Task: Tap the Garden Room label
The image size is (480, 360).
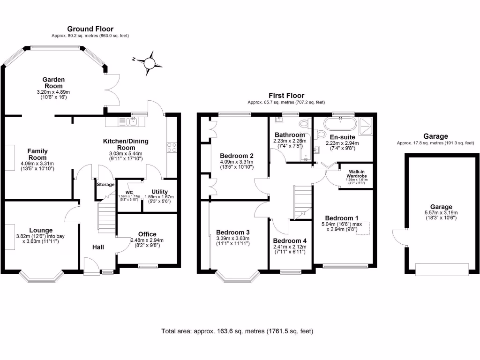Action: coord(53,82)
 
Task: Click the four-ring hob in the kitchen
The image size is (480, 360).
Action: coord(171,147)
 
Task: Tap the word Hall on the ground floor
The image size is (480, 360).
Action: coord(97,247)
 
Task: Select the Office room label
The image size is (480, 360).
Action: coord(147,234)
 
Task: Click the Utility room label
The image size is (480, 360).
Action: coord(159,192)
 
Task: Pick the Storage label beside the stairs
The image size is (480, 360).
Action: coord(105,184)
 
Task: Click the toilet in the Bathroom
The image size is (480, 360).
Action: coord(304,124)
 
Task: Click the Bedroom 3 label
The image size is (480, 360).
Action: coord(232,232)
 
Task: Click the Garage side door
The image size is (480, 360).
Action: coord(400,237)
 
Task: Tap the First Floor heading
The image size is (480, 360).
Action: coord(286,96)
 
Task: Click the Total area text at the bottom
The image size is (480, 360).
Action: coord(237,331)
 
